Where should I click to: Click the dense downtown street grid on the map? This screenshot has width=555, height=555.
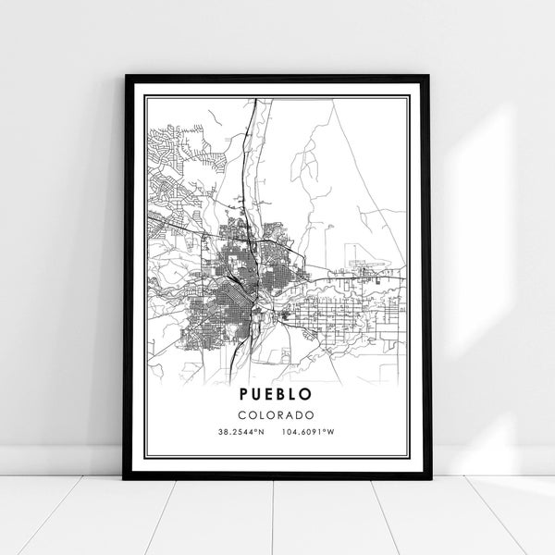pos(239,296)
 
